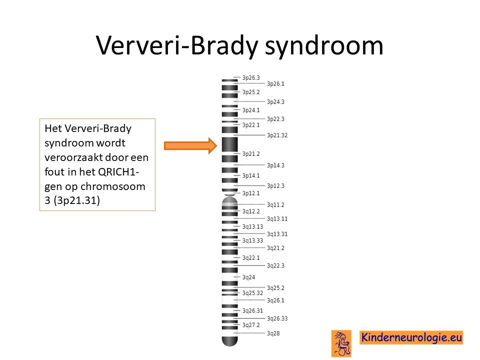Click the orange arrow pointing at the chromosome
coord(190,145)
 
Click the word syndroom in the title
coord(324,46)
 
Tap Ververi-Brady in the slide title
coord(177,46)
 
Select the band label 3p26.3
coord(251,78)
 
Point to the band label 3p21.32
coord(277,135)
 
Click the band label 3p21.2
coord(251,153)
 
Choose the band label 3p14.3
coord(275,165)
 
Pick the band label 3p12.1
coord(251,193)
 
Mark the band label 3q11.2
coord(275,205)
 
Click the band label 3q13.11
coord(277,219)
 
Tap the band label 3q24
coord(248,277)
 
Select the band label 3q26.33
coord(277,318)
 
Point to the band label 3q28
coord(273,333)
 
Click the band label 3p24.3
coord(275,102)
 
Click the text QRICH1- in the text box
coord(118,172)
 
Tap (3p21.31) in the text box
coord(76,200)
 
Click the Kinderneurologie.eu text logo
coord(411,337)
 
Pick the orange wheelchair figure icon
coord(341,343)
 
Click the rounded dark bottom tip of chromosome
coord(229,341)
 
